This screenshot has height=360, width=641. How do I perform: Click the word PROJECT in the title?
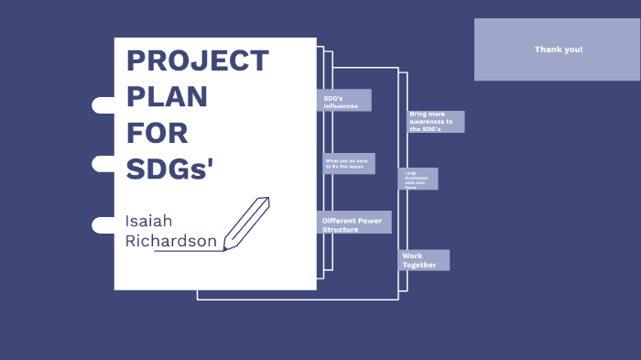[197, 61]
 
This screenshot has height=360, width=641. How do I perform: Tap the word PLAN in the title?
[167, 97]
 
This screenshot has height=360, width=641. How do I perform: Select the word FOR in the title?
[157, 133]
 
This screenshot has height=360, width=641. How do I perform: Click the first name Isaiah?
[148, 221]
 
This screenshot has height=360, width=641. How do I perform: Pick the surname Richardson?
[171, 242]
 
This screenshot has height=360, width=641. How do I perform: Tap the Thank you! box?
[557, 49]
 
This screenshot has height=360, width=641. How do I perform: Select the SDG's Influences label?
[344, 100]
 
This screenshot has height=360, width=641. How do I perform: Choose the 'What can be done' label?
[348, 164]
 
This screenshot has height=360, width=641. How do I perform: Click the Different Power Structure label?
[354, 223]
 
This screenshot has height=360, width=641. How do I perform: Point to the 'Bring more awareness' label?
[435, 122]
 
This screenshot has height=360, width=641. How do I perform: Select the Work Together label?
[424, 260]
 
